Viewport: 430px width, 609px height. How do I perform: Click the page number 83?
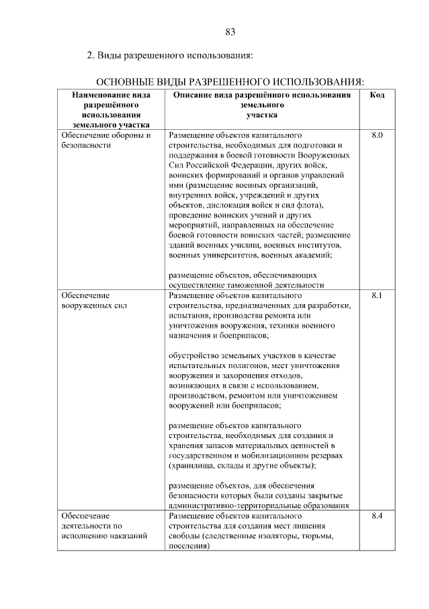230,32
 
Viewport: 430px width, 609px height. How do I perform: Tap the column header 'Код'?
377,96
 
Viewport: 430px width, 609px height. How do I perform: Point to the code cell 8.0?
377,135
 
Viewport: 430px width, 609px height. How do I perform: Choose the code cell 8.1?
377,295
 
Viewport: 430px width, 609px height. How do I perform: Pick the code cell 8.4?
377,516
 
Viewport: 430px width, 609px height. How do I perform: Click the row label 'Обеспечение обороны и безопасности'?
105,139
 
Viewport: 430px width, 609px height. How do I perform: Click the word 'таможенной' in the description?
244,285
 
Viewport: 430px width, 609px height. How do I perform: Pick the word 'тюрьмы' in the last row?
314,536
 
